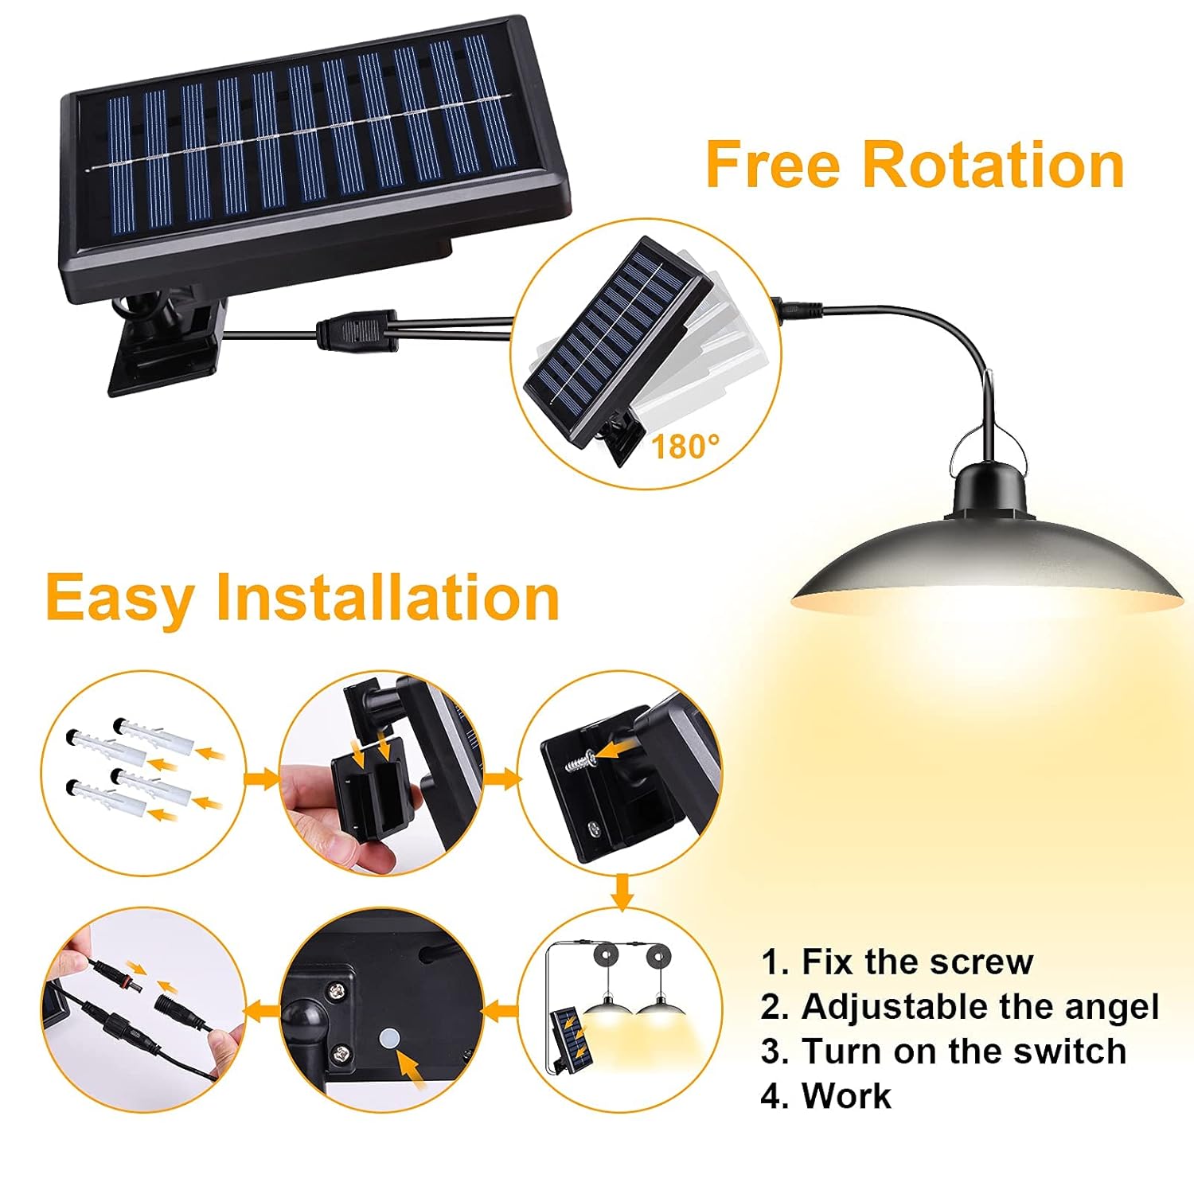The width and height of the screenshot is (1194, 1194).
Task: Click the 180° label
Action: pyautogui.click(x=685, y=447)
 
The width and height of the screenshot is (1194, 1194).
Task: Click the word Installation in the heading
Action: pyautogui.click(x=388, y=597)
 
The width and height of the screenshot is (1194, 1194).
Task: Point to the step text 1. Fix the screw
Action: pyautogui.click(x=897, y=962)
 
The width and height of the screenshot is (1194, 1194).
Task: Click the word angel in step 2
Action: pyautogui.click(x=1118, y=1007)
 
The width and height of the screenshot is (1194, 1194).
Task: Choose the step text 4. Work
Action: pyautogui.click(x=826, y=1096)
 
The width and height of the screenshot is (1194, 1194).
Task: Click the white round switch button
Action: pyautogui.click(x=390, y=1037)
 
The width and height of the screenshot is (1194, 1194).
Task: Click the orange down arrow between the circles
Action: pyautogui.click(x=622, y=890)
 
